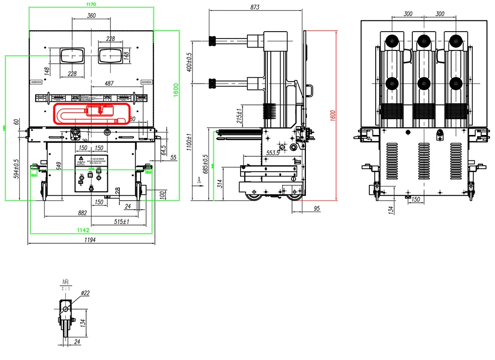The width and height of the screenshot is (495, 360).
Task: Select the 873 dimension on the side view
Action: click(x=255, y=7)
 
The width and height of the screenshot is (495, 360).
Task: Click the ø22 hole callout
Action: click(x=84, y=293)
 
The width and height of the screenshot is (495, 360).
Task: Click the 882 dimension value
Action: click(x=82, y=213)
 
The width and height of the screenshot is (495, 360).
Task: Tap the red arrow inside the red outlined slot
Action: click(x=100, y=111)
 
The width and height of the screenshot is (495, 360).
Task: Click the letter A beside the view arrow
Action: click(x=199, y=181)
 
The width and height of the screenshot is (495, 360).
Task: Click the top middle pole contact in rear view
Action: click(x=423, y=41)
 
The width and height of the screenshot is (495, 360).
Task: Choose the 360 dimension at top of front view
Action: click(x=91, y=16)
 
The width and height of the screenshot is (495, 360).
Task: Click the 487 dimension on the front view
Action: click(x=110, y=83)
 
